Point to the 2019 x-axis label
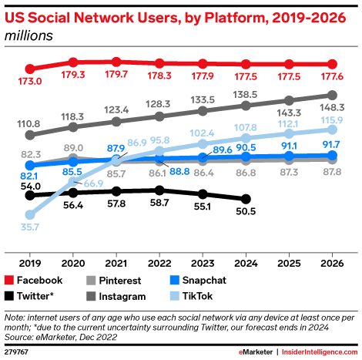(30, 261)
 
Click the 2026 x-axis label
(333, 261)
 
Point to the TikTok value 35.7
(30, 228)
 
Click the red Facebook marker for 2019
(30, 69)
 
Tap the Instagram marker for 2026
(333, 96)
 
